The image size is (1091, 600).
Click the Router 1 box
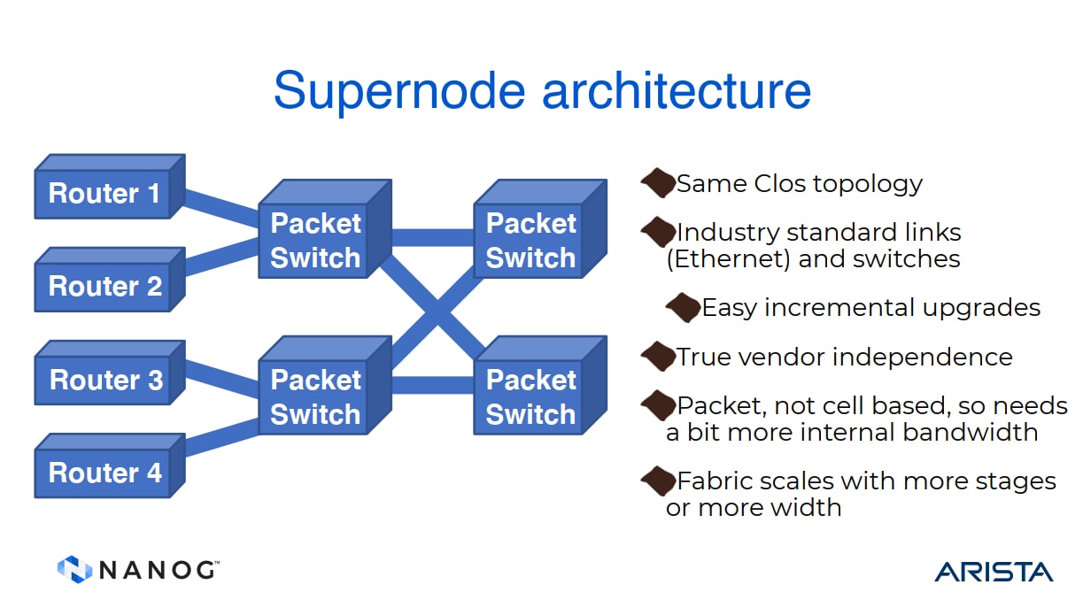tap(110, 187)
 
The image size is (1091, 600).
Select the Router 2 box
tap(110, 280)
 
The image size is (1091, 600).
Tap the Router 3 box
tap(110, 373)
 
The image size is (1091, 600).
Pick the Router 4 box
tap(110, 465)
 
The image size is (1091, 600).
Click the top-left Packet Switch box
tap(325, 229)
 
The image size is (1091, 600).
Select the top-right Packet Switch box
tap(540, 229)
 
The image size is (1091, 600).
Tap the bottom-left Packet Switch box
tap(325, 386)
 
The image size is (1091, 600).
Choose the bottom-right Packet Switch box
tap(540, 386)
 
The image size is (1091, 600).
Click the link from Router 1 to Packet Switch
tap(221, 208)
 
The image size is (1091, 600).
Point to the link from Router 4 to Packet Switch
tap(221, 438)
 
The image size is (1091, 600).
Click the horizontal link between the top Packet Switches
tap(433, 237)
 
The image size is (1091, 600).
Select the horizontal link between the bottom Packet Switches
tap(433, 385)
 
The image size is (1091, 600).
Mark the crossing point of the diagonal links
tap(437, 312)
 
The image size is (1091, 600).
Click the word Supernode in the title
tap(399, 91)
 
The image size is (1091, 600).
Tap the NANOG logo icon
tap(74, 569)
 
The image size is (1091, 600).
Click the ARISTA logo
tap(994, 572)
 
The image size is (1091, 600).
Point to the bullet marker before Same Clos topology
tap(659, 183)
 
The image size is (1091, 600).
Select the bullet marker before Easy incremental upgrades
tap(684, 308)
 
